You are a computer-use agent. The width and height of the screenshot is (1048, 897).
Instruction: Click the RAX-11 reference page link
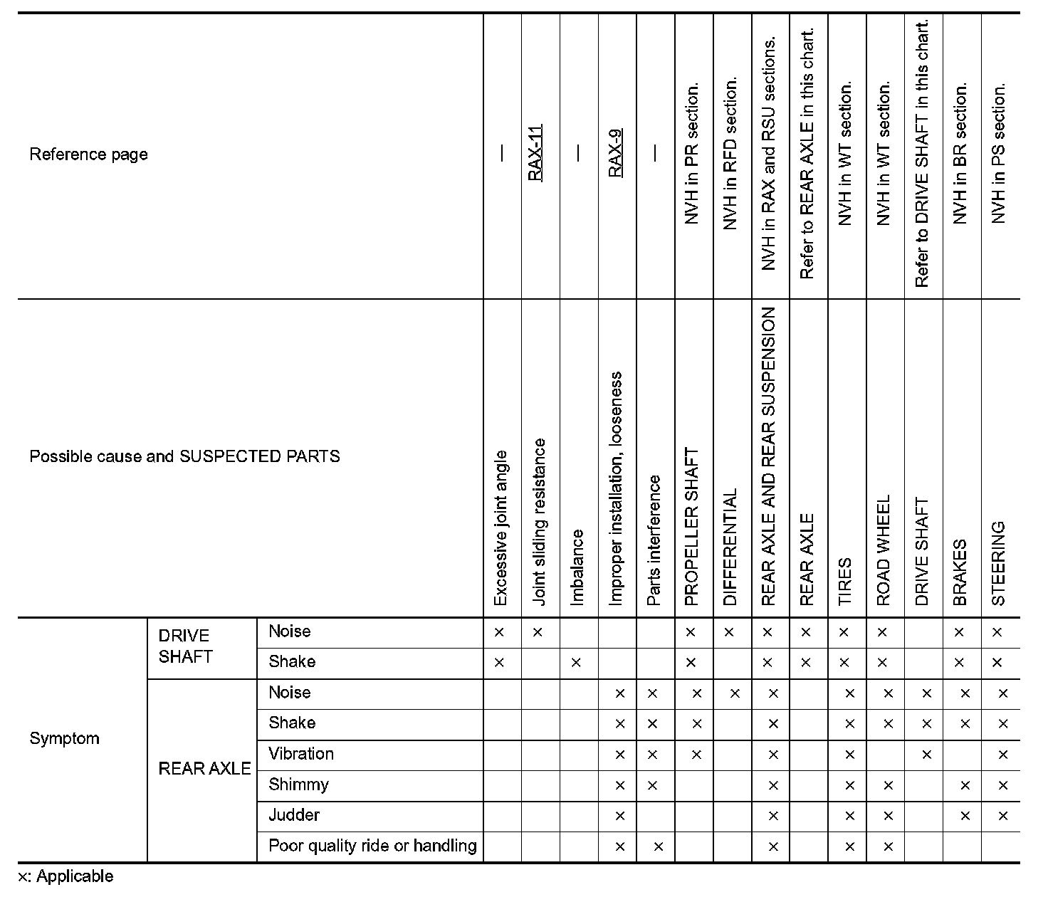pyautogui.click(x=535, y=153)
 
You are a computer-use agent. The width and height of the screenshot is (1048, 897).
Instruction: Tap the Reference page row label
pyautogui.click(x=88, y=154)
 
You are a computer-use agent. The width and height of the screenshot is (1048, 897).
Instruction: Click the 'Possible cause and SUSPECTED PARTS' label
pyautogui.click(x=184, y=456)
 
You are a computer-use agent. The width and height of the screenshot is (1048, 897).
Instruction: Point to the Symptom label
pyautogui.click(x=64, y=738)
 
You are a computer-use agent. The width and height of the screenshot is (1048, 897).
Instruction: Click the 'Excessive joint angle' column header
pyautogui.click(x=501, y=528)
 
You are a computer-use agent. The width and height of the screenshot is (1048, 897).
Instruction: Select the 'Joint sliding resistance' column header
pyautogui.click(x=539, y=522)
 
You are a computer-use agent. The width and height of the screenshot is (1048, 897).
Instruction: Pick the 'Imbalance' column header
pyautogui.click(x=577, y=567)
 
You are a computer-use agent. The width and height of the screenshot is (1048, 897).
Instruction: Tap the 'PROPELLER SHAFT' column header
pyautogui.click(x=691, y=526)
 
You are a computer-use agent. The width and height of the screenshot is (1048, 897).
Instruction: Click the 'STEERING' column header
pyautogui.click(x=998, y=563)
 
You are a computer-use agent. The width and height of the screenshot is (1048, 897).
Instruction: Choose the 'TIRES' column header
pyautogui.click(x=845, y=581)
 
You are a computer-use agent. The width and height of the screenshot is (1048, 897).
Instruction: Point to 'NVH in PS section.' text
pyautogui.click(x=998, y=154)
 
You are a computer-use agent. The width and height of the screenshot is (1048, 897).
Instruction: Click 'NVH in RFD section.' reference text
pyautogui.click(x=730, y=154)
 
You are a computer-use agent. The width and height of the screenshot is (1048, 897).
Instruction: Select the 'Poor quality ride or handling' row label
pyautogui.click(x=372, y=846)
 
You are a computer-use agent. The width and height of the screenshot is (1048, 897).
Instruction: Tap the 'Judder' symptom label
pyautogui.click(x=294, y=815)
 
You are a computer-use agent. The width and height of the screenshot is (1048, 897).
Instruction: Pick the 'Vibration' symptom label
pyautogui.click(x=300, y=754)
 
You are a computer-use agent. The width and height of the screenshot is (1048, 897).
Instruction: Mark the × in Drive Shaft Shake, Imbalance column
pyautogui.click(x=576, y=663)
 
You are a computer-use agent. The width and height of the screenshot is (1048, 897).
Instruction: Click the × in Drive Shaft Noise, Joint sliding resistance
pyautogui.click(x=538, y=632)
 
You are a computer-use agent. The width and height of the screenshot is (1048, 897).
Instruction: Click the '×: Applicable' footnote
pyautogui.click(x=65, y=876)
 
